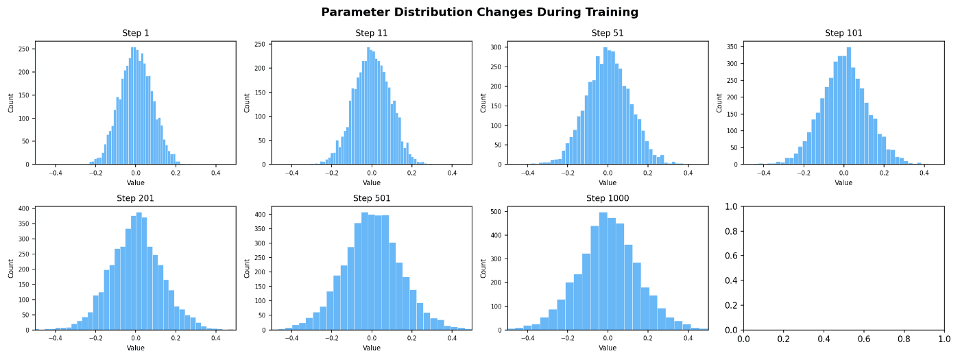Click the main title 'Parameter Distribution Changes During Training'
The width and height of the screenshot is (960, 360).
[x=479, y=12]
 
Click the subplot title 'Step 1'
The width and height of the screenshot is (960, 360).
[x=136, y=33]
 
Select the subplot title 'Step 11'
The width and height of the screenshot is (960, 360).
[x=372, y=33]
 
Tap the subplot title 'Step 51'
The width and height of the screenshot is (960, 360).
[x=608, y=33]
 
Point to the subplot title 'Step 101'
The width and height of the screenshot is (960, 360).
[x=843, y=33]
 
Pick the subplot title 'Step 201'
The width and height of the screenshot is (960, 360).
[x=136, y=198]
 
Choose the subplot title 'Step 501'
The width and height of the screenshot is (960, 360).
[x=372, y=198]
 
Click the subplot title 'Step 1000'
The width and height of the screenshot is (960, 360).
[x=608, y=198]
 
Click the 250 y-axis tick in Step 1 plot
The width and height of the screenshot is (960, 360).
[x=24, y=49]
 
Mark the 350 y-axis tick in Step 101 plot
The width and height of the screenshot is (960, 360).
[x=732, y=47]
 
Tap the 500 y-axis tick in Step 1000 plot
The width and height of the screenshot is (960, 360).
[x=496, y=212]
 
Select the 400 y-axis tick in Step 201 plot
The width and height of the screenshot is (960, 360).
[x=24, y=208]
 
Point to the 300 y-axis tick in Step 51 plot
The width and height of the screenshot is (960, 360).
[x=496, y=47]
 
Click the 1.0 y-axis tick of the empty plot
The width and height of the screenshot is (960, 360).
[x=731, y=206]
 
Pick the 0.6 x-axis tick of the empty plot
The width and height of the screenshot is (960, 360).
[x=863, y=339]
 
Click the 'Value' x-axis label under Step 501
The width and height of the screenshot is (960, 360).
[x=372, y=348]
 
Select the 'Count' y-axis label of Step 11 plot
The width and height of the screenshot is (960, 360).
[x=247, y=103]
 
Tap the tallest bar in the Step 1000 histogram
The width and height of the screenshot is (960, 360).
[x=603, y=272]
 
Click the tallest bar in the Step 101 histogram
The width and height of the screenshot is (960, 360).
[x=849, y=106]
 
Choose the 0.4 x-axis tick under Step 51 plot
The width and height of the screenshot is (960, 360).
[x=688, y=173]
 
